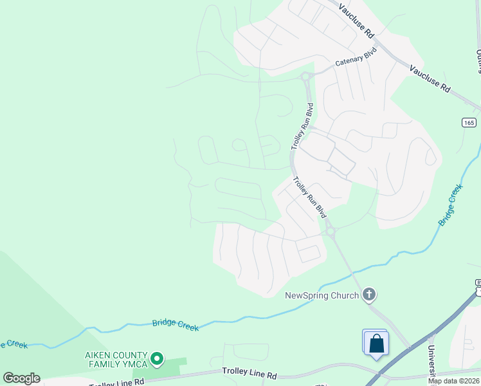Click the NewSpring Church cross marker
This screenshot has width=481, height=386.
click(x=369, y=295)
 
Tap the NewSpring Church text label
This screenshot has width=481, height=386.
click(x=322, y=296)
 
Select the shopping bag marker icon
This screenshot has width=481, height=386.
click(x=376, y=344)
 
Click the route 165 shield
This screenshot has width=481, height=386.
click(x=469, y=122)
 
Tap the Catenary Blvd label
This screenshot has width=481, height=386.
click(x=356, y=57)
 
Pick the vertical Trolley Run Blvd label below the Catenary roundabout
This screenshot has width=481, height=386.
click(x=301, y=126)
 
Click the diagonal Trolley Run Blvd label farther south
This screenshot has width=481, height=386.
click(x=310, y=197)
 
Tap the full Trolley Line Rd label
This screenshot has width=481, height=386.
click(x=250, y=372)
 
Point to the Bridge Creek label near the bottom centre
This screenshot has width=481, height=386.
click(x=176, y=326)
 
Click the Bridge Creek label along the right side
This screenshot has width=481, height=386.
click(x=451, y=205)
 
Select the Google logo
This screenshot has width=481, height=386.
click(x=22, y=378)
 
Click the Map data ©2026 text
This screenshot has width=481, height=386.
click(x=454, y=381)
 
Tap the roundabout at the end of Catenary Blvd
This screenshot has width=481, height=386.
click(x=307, y=77)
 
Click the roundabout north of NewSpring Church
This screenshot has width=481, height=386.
click(x=331, y=232)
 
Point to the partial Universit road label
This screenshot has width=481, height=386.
click(x=431, y=360)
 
